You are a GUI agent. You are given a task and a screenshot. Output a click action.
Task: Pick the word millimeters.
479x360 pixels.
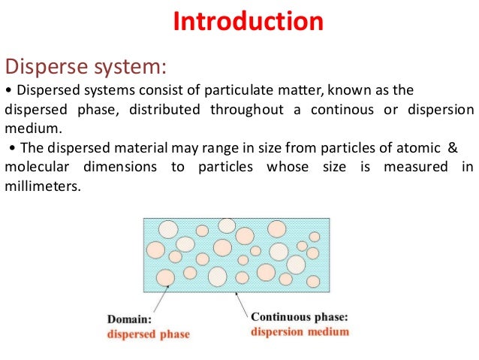click(42, 185)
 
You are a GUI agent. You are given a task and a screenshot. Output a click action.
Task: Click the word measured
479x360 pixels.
click(415, 166)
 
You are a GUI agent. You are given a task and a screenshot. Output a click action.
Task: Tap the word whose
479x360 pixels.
click(288, 166)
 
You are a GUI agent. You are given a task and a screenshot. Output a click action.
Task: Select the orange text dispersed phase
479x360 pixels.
click(148, 333)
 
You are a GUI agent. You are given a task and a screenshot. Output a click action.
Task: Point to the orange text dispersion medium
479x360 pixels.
click(300, 331)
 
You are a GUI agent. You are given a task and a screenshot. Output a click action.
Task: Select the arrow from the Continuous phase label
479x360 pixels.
click(245, 302)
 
